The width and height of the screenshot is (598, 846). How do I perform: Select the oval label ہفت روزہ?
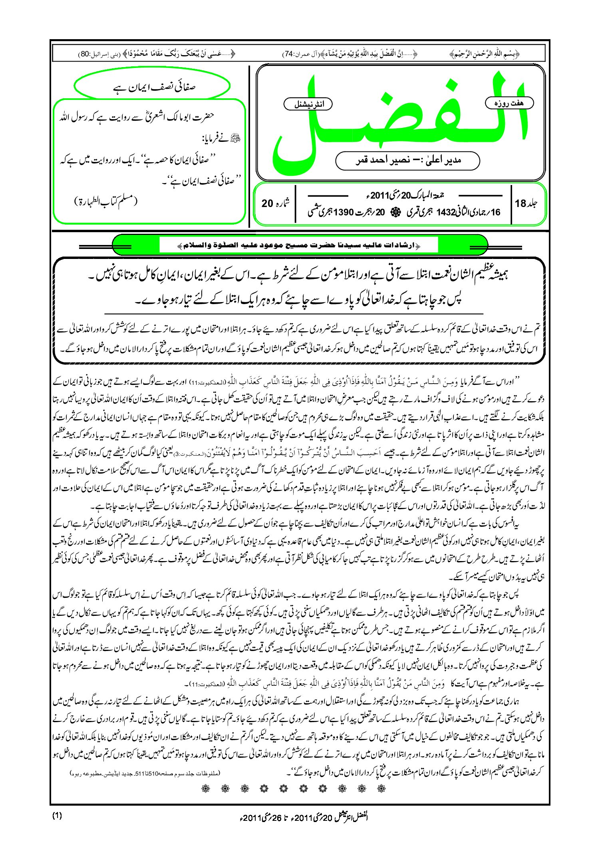pos(509,103)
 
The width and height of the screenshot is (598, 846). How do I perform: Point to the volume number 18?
pos(521,203)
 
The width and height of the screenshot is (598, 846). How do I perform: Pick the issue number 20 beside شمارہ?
pos(267,203)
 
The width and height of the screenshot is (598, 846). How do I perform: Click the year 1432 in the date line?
pos(446,212)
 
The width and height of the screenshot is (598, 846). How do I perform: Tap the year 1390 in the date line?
pos(344,212)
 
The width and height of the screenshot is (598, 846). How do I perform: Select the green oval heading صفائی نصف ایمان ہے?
pos(152,86)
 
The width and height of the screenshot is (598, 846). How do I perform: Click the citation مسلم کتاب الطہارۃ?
pos(105,201)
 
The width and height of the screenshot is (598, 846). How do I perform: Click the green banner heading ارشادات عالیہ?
pos(300,245)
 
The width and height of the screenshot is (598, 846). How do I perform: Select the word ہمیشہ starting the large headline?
pos(497,275)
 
